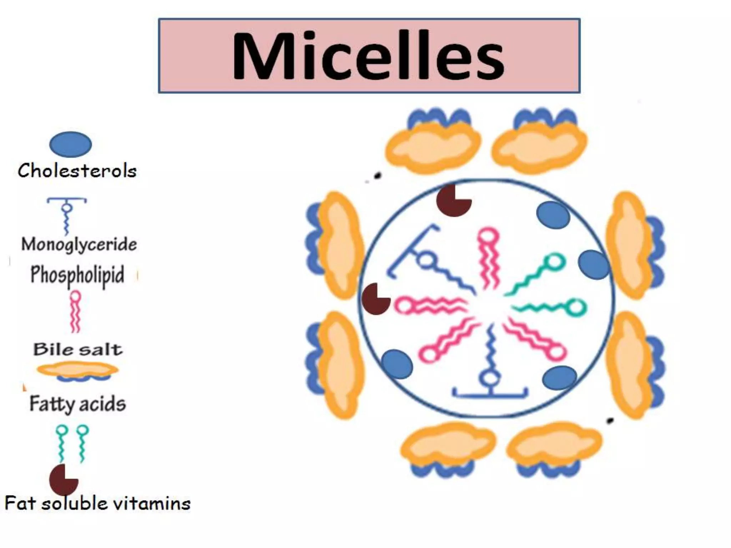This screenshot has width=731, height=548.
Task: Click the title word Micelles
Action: coord(368,56)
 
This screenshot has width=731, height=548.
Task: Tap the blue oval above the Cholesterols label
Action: coord(70,144)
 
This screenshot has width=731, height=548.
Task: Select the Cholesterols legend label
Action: coord(77,171)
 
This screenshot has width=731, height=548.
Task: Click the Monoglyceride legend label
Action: coord(79,245)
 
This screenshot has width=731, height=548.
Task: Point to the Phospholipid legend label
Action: coord(77,275)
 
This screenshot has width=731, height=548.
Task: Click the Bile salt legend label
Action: coord(78,349)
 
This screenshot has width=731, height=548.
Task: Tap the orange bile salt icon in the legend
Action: coord(77,370)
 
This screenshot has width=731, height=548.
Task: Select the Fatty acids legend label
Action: coord(77,404)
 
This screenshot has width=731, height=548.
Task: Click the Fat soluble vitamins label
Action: coord(97,503)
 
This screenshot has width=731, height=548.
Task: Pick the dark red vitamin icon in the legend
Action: coord(63,480)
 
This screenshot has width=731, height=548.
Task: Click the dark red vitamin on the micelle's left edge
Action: coord(375,299)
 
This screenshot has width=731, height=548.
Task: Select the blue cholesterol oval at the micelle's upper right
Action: coord(553,215)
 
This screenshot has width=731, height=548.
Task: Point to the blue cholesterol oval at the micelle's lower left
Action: coord(397,364)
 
